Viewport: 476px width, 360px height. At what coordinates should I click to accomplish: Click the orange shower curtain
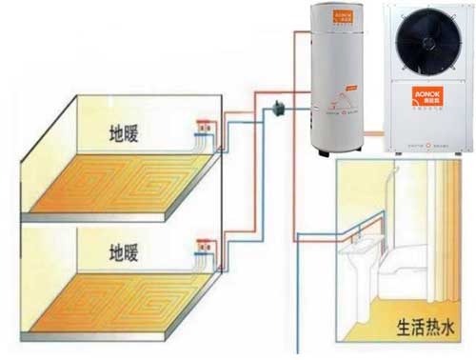click(x=446, y=219)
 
